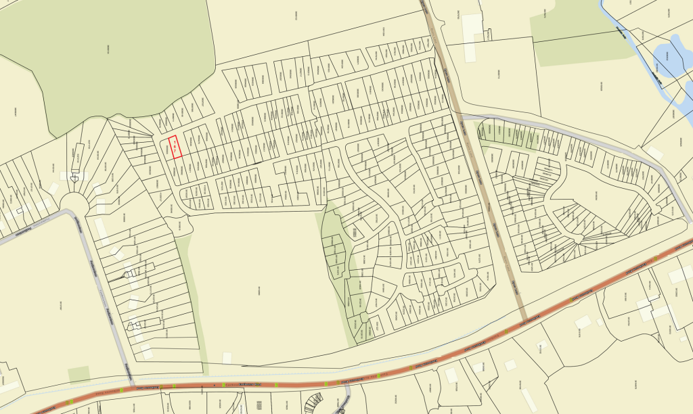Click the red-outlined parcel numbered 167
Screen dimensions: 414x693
point(175,147)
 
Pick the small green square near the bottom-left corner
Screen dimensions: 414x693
point(79,374)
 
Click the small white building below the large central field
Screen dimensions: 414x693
point(227,357)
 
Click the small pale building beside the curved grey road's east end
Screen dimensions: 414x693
point(655,154)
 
